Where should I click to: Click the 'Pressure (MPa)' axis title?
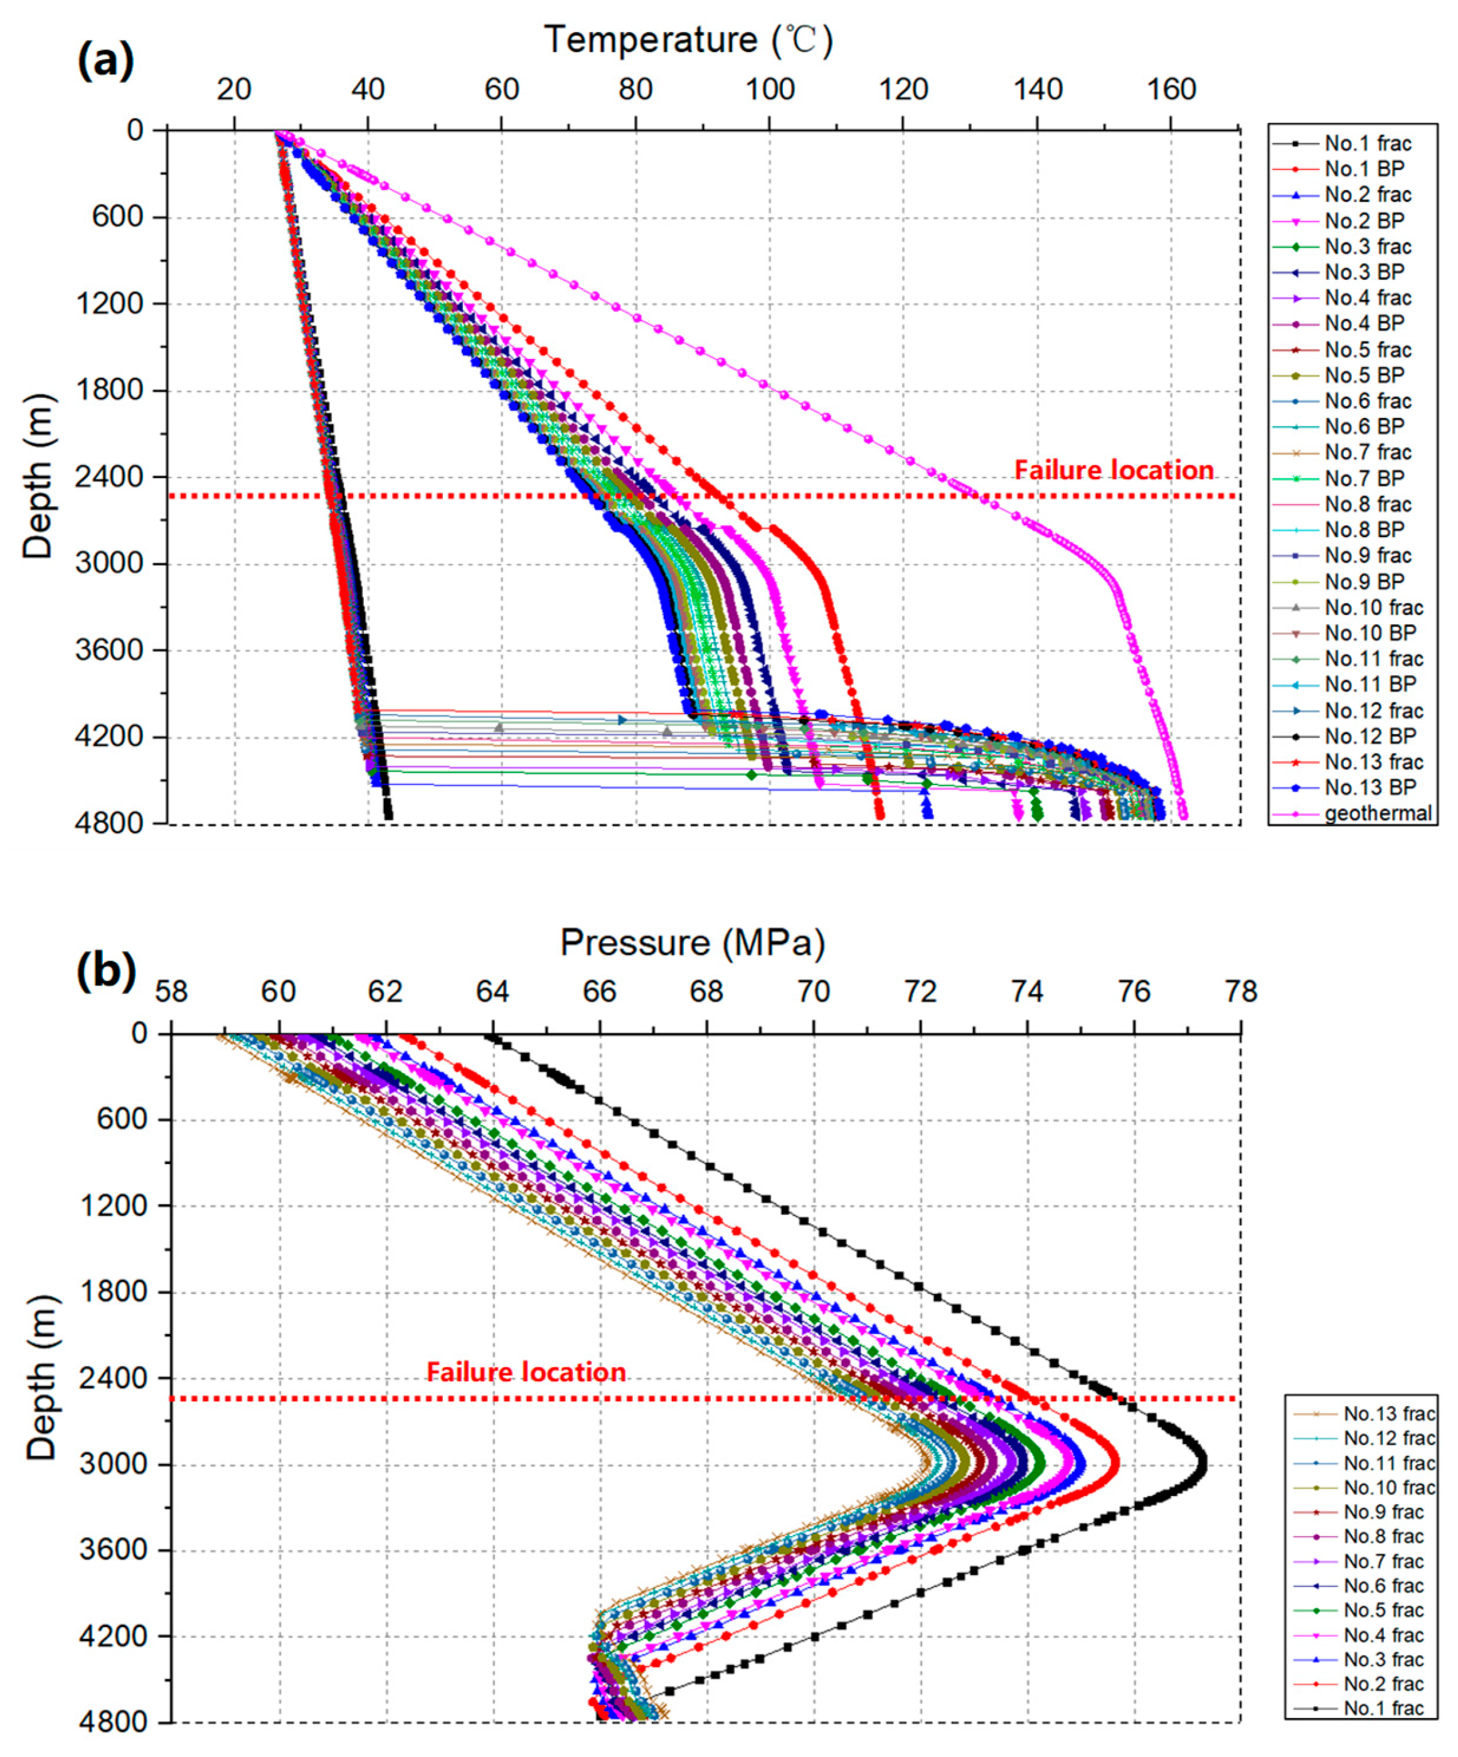[x=693, y=943]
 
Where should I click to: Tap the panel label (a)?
[x=105, y=61]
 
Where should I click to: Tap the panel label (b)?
[x=105, y=971]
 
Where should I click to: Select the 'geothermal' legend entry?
[x=1378, y=813]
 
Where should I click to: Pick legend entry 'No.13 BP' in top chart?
[x=1370, y=788]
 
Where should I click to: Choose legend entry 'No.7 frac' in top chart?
[x=1368, y=452]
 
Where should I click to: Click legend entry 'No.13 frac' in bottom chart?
[x=1388, y=1414]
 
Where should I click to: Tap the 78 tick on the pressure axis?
[x=1240, y=992]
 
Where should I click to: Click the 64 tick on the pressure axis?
[x=492, y=992]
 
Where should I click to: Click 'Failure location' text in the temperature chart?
[x=1114, y=470]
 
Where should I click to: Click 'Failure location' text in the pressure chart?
[x=526, y=1372]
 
